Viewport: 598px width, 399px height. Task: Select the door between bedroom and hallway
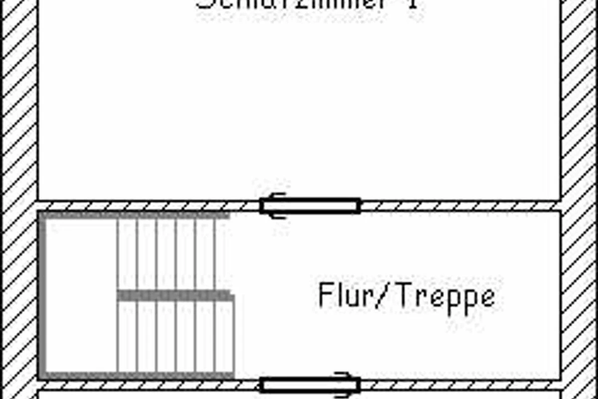point(310,205)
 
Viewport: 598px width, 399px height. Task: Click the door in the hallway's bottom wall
point(310,385)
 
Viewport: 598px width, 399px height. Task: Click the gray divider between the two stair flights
point(174,295)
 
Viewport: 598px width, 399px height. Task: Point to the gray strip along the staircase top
point(135,215)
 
